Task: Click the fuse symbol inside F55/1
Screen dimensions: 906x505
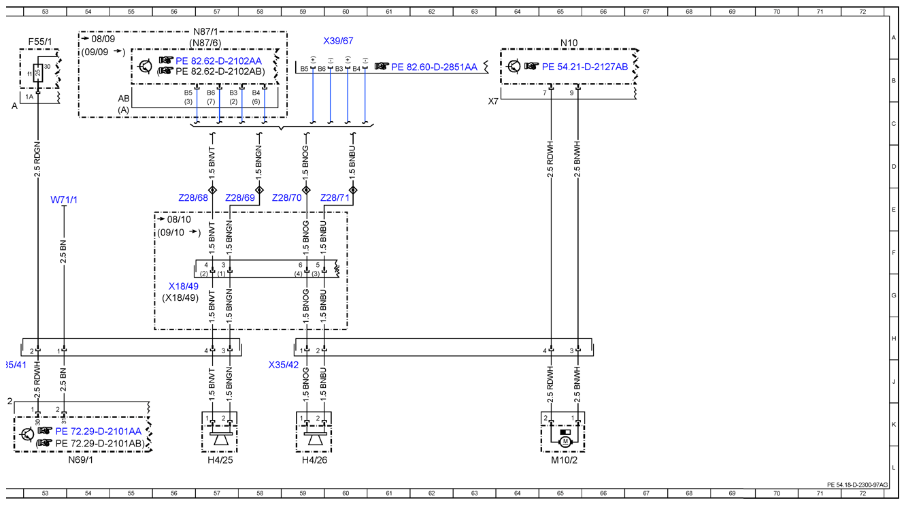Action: click(x=37, y=73)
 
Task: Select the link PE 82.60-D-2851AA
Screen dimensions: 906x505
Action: click(x=434, y=67)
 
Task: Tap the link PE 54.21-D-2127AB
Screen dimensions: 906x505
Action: click(x=585, y=67)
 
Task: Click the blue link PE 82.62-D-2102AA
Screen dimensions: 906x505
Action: click(x=218, y=61)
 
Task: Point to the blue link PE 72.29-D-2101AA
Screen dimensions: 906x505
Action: click(x=98, y=431)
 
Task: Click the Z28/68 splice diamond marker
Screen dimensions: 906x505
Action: click(x=212, y=190)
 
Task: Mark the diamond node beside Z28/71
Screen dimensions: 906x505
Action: click(x=353, y=190)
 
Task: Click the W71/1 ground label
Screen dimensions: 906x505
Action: click(x=64, y=199)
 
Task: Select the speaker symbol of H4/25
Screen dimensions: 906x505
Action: click(x=220, y=438)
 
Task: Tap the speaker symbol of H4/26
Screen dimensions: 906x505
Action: click(x=314, y=438)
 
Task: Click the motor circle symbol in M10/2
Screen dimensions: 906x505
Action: click(x=565, y=442)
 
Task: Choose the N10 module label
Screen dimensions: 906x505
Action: click(x=569, y=43)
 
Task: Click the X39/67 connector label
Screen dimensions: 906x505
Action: click(x=338, y=41)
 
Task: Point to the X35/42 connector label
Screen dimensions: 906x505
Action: click(x=284, y=365)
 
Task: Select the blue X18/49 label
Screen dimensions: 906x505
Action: click(x=184, y=287)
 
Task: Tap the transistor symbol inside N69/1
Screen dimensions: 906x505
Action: click(x=27, y=435)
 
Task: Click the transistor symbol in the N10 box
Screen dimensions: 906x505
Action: click(x=514, y=66)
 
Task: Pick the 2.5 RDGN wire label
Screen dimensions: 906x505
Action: click(x=37, y=159)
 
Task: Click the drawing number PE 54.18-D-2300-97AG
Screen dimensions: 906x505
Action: click(x=858, y=485)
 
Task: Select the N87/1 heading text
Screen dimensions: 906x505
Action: click(x=205, y=31)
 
